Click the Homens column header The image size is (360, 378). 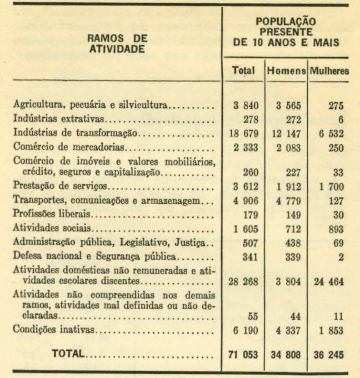286,71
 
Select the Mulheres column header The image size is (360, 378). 330,71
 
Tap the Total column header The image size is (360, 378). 243,71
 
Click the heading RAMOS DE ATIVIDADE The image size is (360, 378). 117,44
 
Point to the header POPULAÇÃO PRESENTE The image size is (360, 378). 286,27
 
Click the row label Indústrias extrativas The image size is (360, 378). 59,120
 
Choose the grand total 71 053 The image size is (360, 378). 243,354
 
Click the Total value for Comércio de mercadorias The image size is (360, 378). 245,148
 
